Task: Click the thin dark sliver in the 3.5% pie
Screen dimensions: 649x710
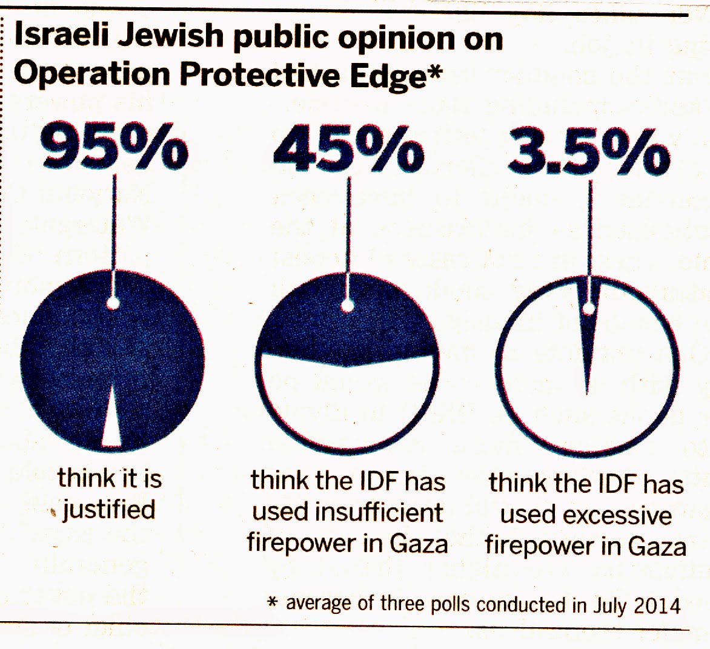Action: tap(588, 339)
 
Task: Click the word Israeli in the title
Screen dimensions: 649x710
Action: tap(58, 38)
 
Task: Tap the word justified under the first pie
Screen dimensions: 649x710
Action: tap(109, 510)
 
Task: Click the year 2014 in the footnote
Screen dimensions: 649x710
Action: tap(659, 605)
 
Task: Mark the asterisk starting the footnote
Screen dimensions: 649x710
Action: tap(273, 602)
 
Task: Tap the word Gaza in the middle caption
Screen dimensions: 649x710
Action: tap(419, 543)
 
